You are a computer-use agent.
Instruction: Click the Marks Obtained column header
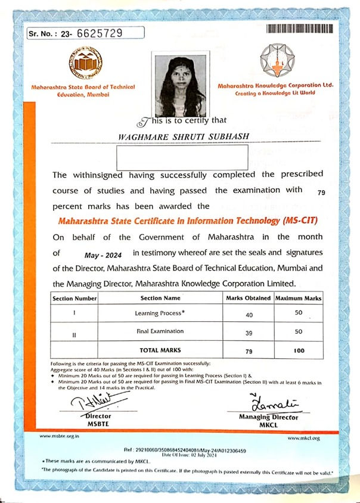pos(249,297)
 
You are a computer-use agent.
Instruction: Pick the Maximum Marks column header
pos(299,297)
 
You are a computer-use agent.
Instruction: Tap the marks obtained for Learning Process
pos(249,314)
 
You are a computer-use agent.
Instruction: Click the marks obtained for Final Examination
pos(249,334)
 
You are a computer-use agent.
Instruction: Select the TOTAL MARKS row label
pos(160,350)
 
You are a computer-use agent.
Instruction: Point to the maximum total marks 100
pos(299,351)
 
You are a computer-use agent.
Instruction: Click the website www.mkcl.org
pos(308,438)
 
